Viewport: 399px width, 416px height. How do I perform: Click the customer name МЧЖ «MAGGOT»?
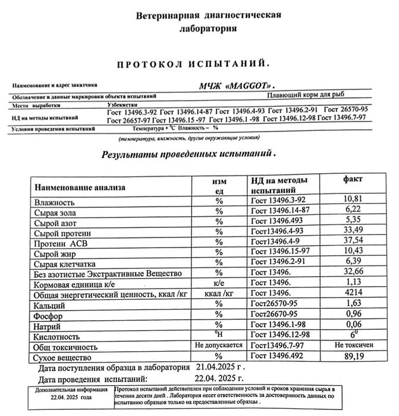point(237,85)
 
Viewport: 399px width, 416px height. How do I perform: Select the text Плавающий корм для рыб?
point(305,94)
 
